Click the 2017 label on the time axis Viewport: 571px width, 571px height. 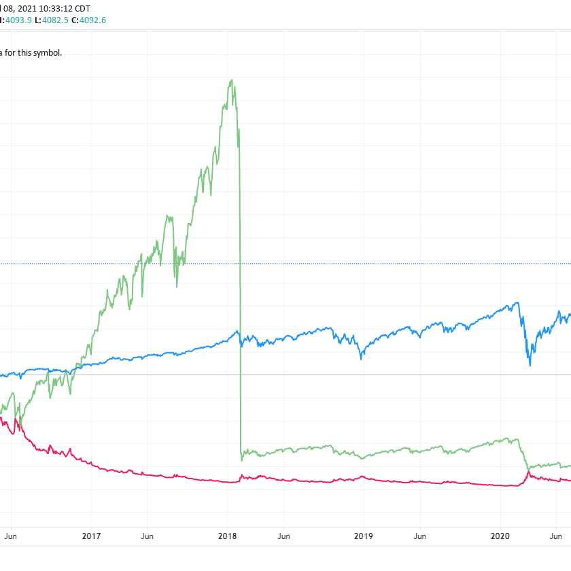pyautogui.click(x=91, y=536)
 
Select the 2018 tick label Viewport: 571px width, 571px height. pyautogui.click(x=228, y=536)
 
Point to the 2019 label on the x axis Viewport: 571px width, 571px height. pyautogui.click(x=364, y=536)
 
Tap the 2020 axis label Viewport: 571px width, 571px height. pyautogui.click(x=500, y=536)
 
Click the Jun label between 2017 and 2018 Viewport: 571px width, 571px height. pyautogui.click(x=148, y=536)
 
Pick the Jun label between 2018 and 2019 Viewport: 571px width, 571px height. pyautogui.click(x=284, y=536)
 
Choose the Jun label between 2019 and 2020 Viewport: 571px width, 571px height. pyautogui.click(x=420, y=536)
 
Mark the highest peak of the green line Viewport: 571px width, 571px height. pyautogui.click(x=232, y=80)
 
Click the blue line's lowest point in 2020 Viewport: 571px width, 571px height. pyautogui.click(x=530, y=366)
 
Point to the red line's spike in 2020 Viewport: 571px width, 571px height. pyautogui.click(x=529, y=472)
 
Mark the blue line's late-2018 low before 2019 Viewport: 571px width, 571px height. pyautogui.click(x=361, y=358)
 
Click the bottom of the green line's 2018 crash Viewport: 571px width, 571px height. pyautogui.click(x=242, y=460)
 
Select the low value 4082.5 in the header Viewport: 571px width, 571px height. pyautogui.click(x=51, y=20)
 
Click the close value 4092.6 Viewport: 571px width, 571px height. pyautogui.click(x=92, y=20)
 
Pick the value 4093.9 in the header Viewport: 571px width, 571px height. pyautogui.click(x=16, y=20)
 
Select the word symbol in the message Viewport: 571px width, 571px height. pyautogui.click(x=45, y=52)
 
